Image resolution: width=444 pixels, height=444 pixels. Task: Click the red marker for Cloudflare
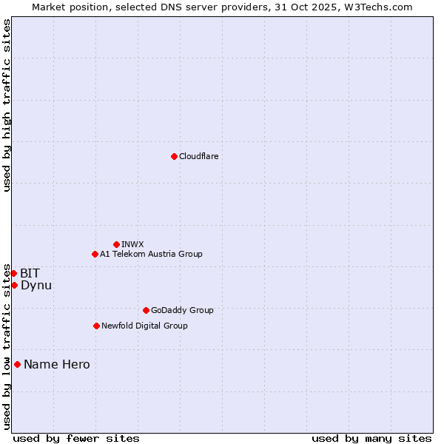point(174,156)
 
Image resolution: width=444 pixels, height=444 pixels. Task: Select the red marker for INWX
point(116,244)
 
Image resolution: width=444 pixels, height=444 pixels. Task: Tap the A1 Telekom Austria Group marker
point(95,254)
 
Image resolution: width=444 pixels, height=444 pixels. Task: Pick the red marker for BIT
point(13,273)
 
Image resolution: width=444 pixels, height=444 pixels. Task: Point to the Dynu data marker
point(14,285)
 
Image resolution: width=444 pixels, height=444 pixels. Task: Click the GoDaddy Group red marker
point(146,310)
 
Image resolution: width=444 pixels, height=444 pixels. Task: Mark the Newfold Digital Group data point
point(96,326)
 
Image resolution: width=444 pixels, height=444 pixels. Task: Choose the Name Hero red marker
point(17,364)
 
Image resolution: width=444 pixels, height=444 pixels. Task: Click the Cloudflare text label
point(198,156)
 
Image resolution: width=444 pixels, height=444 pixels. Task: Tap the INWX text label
point(132,244)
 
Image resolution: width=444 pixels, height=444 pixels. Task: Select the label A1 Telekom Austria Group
point(151,254)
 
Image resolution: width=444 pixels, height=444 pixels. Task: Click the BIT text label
point(30,273)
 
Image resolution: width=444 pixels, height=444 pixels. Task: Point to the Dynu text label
point(36,285)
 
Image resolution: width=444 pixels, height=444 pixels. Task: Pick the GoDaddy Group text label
point(182,310)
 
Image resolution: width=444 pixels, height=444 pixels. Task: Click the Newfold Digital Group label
point(144,326)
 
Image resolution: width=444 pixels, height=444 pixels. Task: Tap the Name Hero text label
point(57,364)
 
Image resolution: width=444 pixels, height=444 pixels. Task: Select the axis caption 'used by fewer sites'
point(76,438)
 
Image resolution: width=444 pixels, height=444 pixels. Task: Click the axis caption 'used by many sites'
point(371,438)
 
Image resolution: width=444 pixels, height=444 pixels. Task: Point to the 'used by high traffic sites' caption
point(7,105)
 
